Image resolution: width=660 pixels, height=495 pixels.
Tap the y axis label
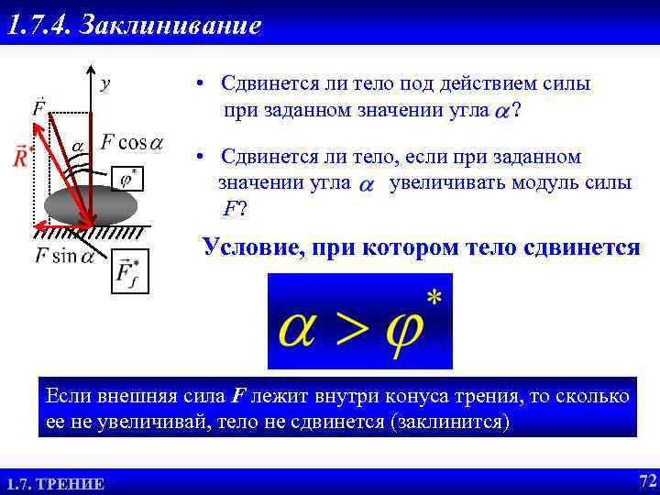[106, 83]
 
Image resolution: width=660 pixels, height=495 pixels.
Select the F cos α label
[132, 142]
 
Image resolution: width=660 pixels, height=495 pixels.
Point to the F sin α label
[64, 256]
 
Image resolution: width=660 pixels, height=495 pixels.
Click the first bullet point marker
[198, 83]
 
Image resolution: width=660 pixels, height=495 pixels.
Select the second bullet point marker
[198, 157]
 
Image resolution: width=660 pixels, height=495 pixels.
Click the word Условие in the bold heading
[248, 247]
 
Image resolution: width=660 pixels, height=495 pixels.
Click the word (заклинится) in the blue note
[448, 422]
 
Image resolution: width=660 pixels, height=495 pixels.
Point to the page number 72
[646, 481]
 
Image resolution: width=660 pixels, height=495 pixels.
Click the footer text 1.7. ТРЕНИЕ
[55, 484]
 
